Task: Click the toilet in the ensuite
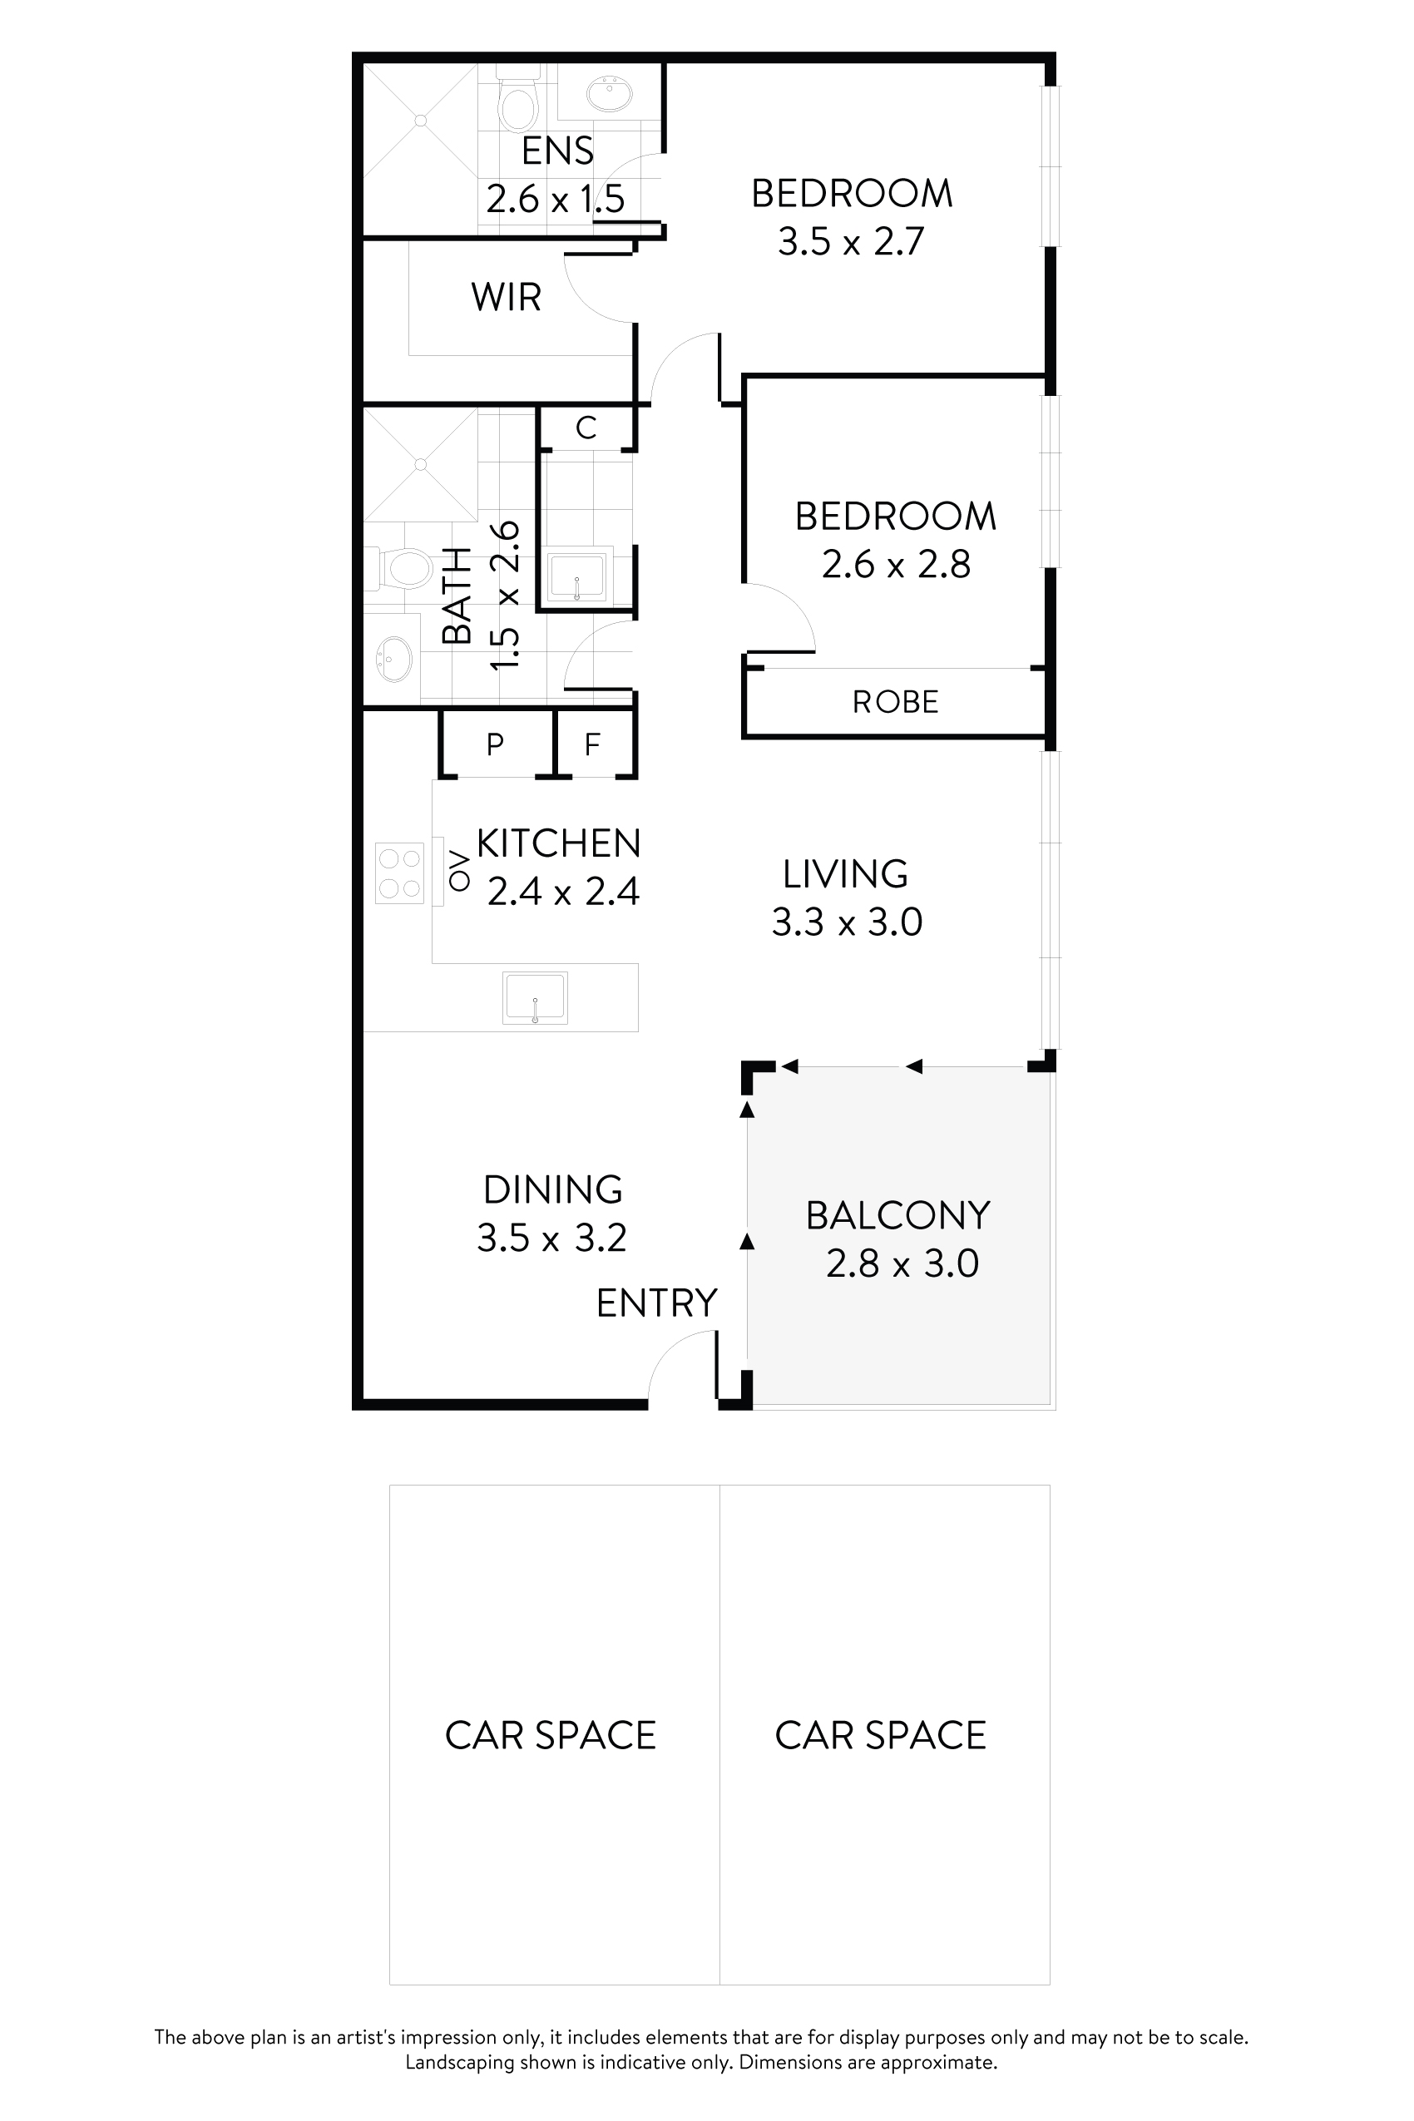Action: point(518,103)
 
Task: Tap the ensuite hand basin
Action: point(610,93)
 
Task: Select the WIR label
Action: point(506,297)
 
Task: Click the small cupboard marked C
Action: point(586,428)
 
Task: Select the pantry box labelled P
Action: point(495,744)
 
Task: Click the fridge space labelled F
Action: point(592,744)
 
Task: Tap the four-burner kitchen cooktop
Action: point(399,873)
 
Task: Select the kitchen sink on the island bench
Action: point(535,997)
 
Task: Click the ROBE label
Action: point(896,701)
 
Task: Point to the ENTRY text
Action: point(656,1303)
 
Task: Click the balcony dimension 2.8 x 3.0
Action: point(902,1263)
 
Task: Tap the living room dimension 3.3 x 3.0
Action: point(847,922)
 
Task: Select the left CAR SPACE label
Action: point(550,1736)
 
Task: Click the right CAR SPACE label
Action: point(880,1736)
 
